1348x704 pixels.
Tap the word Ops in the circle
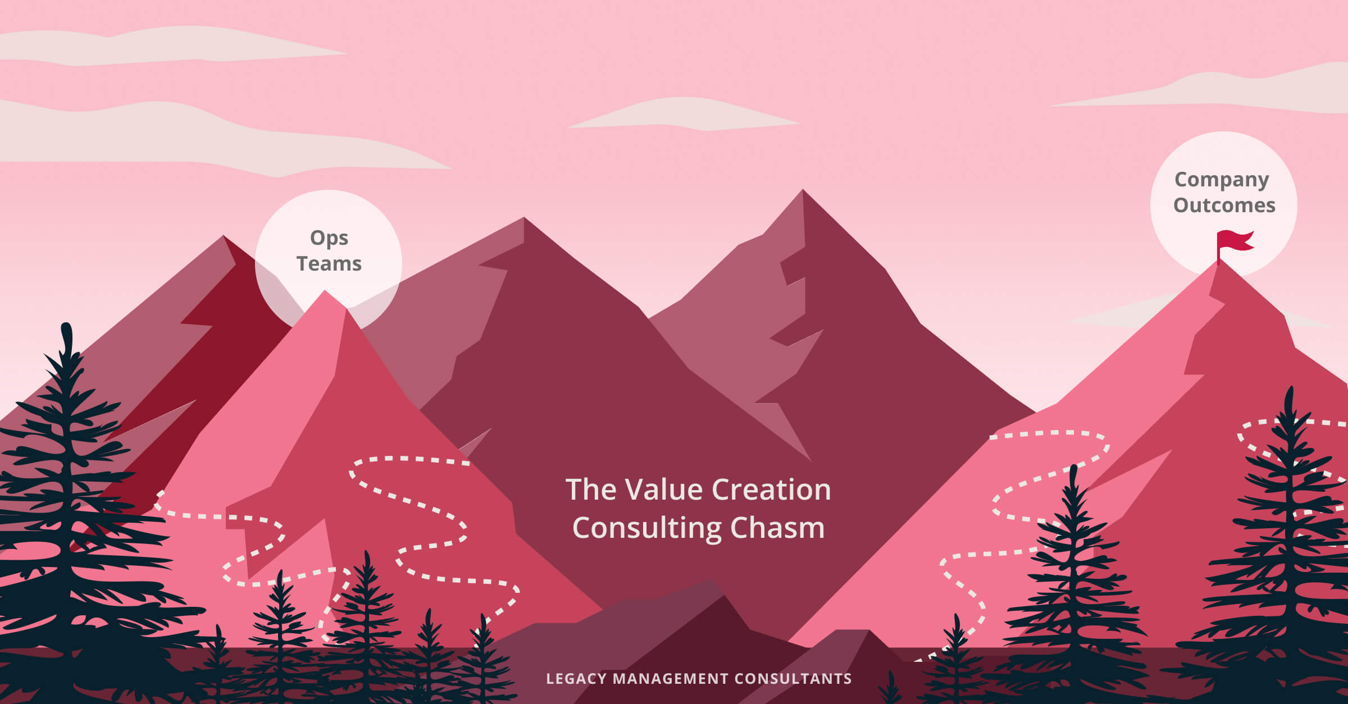pos(329,239)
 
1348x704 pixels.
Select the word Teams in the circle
pos(329,263)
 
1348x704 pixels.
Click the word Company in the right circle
pos(1222,180)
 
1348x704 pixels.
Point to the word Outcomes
pos(1224,205)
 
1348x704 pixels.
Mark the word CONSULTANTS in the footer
pos(793,679)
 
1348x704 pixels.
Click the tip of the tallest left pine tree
pos(66,324)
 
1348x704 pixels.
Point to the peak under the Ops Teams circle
pos(325,291)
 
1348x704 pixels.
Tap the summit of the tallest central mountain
pos(803,190)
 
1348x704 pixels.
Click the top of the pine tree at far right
pos(1290,387)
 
